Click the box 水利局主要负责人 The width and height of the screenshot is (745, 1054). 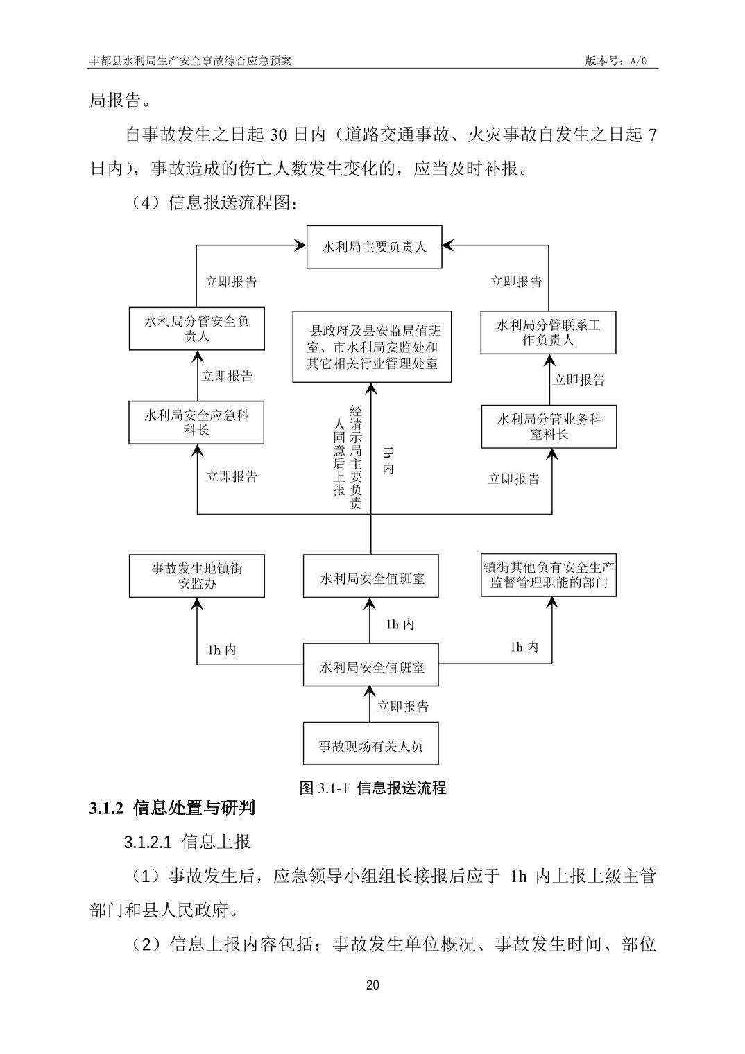(x=374, y=247)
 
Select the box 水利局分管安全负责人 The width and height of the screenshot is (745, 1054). (x=196, y=329)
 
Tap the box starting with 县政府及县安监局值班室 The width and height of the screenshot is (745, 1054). (x=372, y=347)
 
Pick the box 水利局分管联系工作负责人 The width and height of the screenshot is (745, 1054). (x=548, y=333)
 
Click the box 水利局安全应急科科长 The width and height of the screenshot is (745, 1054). (x=196, y=423)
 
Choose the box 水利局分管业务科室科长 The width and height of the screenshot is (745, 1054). (x=549, y=426)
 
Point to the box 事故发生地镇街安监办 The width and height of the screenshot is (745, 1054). (x=196, y=576)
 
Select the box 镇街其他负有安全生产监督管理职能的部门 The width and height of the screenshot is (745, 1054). (x=549, y=576)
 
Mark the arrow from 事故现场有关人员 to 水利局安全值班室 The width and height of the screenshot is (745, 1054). (x=371, y=703)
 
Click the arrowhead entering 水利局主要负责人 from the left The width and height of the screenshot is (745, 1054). (x=300, y=245)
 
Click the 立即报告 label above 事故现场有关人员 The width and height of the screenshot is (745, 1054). (x=403, y=707)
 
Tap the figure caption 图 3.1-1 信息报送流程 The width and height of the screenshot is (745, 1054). (x=372, y=788)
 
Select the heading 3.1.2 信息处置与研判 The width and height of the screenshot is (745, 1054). (x=172, y=808)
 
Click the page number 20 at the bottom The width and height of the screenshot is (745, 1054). (x=372, y=985)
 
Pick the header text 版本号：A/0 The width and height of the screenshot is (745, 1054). (x=616, y=60)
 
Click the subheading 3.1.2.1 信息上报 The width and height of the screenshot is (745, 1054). (x=187, y=843)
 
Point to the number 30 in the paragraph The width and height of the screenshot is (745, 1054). (x=278, y=135)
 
